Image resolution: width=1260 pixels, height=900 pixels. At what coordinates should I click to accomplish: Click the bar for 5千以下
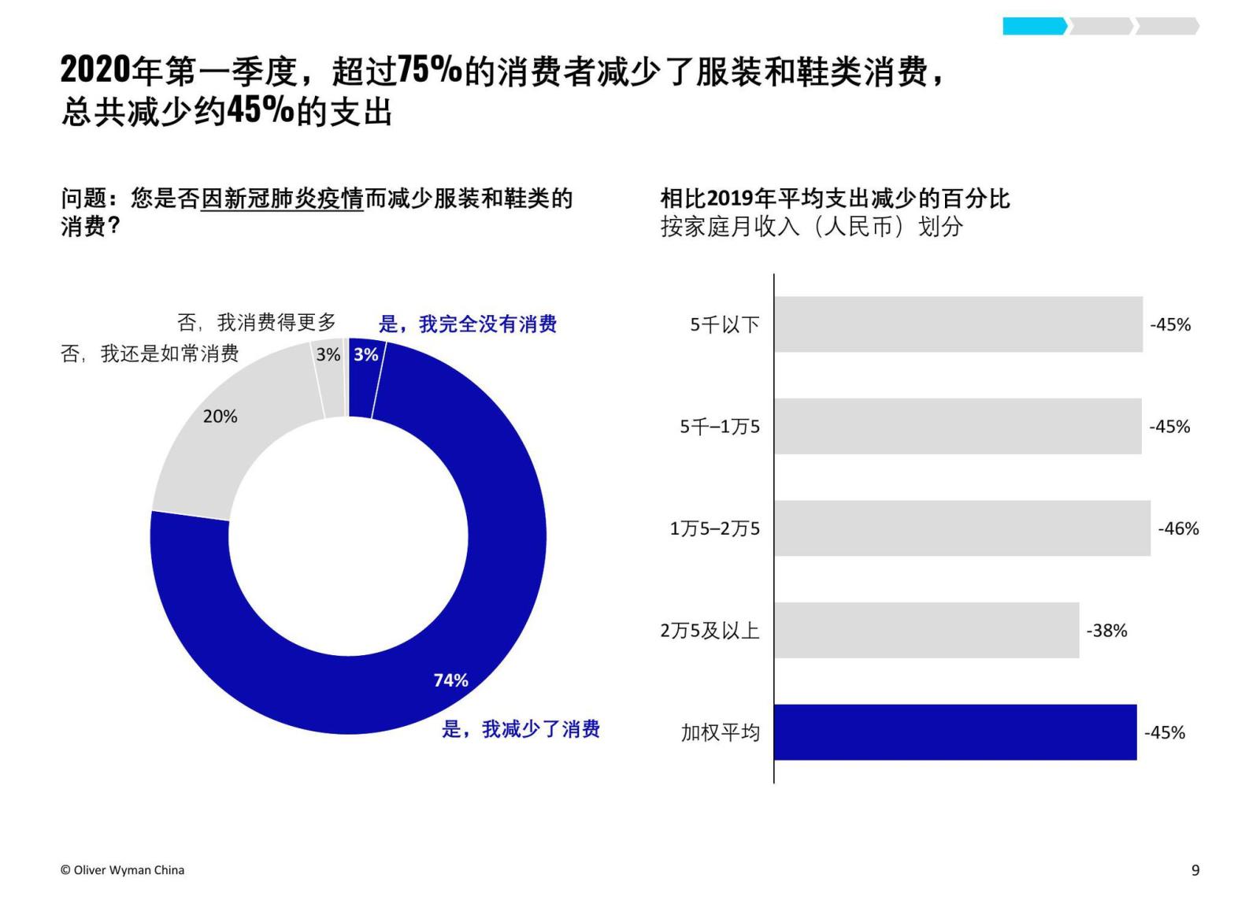tap(958, 324)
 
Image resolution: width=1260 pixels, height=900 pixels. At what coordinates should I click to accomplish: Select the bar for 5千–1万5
tap(957, 426)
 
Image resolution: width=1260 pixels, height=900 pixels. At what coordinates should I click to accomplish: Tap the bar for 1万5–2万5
tap(962, 528)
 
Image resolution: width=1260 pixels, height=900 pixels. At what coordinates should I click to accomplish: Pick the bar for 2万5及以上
tap(926, 630)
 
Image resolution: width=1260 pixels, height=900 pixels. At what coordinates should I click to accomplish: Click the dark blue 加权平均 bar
tap(954, 732)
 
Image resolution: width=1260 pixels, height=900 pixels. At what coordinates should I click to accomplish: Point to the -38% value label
tap(1106, 631)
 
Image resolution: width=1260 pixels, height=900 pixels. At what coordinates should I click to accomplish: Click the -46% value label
tap(1178, 529)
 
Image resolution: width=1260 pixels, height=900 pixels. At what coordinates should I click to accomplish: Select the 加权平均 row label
tap(720, 733)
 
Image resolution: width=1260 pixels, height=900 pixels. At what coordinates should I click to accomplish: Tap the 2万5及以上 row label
tap(710, 631)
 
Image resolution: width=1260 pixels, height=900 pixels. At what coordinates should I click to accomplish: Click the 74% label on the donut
tap(450, 680)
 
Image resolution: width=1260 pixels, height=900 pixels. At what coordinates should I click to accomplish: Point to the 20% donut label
tap(220, 417)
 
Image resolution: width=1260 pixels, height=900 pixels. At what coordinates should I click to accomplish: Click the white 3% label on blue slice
tap(365, 354)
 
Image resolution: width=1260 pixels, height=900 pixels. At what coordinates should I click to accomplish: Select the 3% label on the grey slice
tap(328, 354)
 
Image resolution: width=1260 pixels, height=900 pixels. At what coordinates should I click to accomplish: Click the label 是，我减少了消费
tap(521, 729)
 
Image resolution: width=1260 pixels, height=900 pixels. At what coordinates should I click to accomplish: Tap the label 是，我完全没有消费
tap(468, 324)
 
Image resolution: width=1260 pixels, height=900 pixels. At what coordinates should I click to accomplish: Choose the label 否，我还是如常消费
tap(150, 354)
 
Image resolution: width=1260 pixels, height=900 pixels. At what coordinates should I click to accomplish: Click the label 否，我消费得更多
tap(257, 322)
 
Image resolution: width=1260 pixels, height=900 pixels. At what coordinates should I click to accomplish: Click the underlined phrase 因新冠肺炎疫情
tap(282, 198)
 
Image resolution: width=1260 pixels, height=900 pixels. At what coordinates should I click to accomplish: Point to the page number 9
tap(1195, 870)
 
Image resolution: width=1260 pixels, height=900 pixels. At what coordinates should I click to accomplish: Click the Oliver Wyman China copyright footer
tap(122, 870)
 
